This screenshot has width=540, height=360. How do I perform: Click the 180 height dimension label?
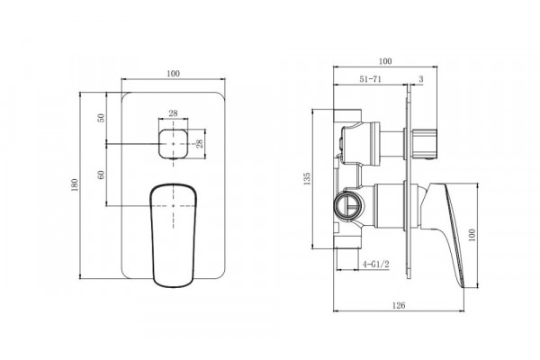pyautogui.click(x=75, y=185)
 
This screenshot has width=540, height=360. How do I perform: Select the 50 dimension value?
pyautogui.click(x=101, y=118)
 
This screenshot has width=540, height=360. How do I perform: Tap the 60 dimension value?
pyautogui.click(x=101, y=175)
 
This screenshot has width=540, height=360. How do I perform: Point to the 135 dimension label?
pyautogui.click(x=307, y=179)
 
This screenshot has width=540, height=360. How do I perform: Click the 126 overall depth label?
pyautogui.click(x=399, y=305)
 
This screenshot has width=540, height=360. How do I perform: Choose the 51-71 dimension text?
pyautogui.click(x=371, y=79)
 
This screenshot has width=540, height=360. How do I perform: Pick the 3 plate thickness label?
pyautogui.click(x=421, y=79)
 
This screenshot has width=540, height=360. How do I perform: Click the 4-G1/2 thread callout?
pyautogui.click(x=375, y=265)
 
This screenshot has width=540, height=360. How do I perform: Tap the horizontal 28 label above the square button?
pyautogui.click(x=173, y=113)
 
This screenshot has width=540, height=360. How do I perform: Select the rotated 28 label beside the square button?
pyautogui.click(x=200, y=144)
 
